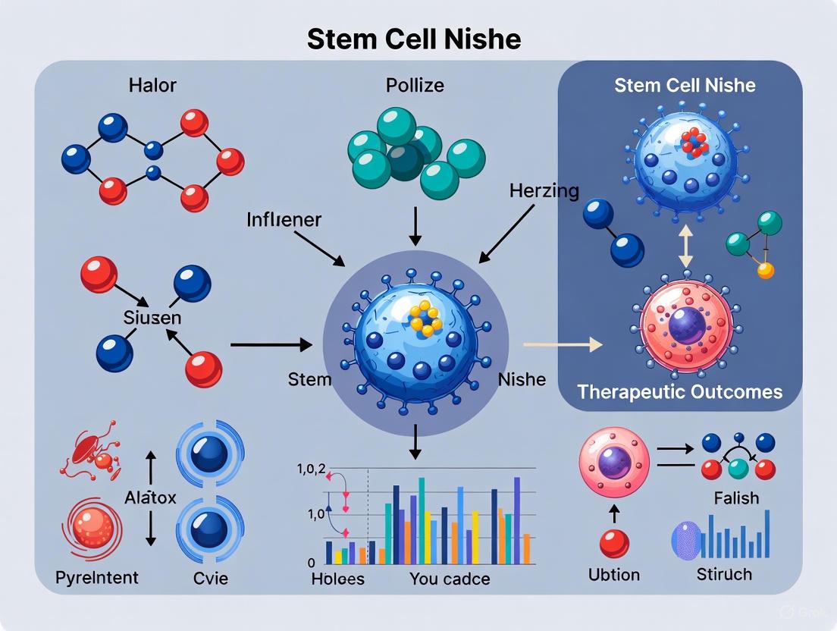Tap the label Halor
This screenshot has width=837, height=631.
point(154,85)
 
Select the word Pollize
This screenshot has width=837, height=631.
point(414,85)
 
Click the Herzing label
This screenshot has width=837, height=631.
point(532,190)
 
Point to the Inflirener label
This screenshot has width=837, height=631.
point(284,220)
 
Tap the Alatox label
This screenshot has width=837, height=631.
point(150,498)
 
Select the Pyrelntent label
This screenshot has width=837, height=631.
point(97,578)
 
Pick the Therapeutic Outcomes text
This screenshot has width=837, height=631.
point(679,391)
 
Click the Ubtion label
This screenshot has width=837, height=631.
point(614,574)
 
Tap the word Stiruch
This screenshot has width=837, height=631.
point(724,574)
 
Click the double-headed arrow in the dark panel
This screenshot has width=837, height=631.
point(685,243)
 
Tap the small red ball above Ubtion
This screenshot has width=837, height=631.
point(614,544)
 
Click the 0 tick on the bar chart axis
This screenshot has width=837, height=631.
point(312,564)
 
